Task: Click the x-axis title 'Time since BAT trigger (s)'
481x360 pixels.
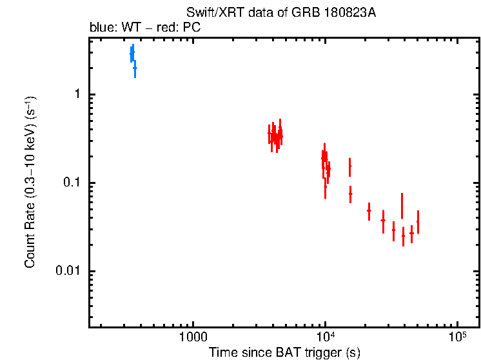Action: pos(284,353)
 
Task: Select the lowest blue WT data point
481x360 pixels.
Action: pos(135,68)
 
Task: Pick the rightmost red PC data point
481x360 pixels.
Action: pos(418,222)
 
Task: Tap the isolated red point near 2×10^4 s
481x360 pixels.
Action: pos(369,210)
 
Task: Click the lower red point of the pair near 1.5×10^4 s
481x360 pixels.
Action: pos(350,194)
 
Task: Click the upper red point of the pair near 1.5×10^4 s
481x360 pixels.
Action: pos(349,166)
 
